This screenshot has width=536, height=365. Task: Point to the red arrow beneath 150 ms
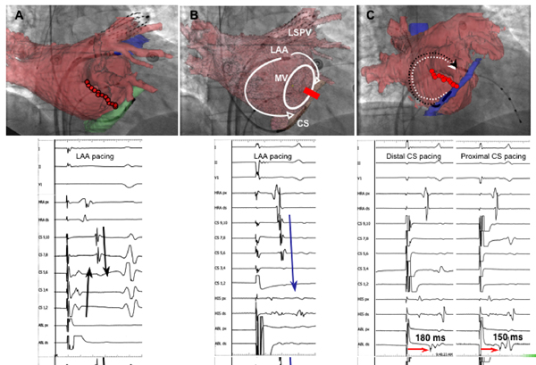(490, 350)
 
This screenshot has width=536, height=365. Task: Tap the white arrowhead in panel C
(455, 64)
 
